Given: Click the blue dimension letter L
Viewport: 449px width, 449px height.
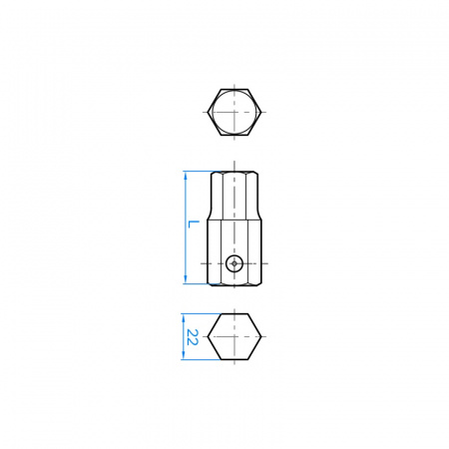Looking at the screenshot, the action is [193, 224].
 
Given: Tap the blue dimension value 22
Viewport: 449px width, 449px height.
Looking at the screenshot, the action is [192, 337].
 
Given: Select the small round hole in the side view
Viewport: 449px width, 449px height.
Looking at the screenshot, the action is [234, 263].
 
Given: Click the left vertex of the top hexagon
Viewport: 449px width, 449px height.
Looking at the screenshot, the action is [208, 112].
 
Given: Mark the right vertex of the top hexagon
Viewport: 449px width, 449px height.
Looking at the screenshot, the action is [261, 112].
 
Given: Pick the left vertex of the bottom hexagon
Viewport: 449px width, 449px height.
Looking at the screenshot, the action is [208, 336].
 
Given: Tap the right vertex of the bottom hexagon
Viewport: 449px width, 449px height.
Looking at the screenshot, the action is [261, 336].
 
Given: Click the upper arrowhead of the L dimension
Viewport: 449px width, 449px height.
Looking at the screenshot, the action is [186, 176].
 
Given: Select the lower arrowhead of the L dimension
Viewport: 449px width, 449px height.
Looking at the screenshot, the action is [186, 279].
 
